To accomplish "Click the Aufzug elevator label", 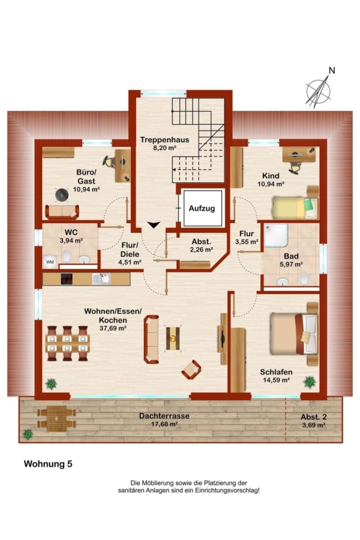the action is point(202,208).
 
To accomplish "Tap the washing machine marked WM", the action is point(50,262).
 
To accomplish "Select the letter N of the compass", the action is point(332,70).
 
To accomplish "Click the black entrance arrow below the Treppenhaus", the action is point(154,225).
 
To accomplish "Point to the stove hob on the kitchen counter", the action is point(67,278).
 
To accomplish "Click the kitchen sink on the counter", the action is point(101,278).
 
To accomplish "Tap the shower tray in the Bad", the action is point(276,235).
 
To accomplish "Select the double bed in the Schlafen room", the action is point(294,334).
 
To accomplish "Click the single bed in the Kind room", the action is point(295,208).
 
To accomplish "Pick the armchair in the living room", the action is point(191,370).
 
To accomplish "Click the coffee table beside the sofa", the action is point(173,338).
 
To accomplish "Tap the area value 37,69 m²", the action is point(113,328).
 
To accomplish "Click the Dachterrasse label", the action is point(164,416).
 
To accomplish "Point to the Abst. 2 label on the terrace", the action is point(313,417).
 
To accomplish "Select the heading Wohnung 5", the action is point(48,464).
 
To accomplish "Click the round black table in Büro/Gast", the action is point(62,195).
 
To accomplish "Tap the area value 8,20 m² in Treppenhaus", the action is point(164,148).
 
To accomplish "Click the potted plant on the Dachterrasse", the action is point(27,434).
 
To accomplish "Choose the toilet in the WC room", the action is point(66,256).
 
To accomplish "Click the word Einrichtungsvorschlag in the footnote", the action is point(227,490).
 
